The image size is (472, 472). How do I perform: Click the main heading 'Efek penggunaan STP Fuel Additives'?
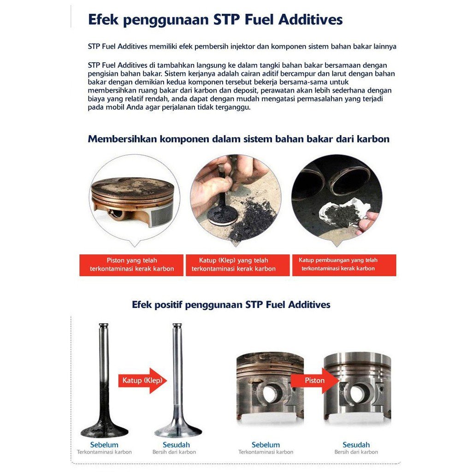point(215,19)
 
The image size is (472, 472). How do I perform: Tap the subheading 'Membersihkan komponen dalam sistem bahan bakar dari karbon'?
point(238,139)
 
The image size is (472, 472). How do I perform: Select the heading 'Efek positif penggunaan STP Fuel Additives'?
point(231,305)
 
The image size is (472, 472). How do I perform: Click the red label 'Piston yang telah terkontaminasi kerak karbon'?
point(131,265)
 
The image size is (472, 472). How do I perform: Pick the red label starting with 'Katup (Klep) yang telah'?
point(234,265)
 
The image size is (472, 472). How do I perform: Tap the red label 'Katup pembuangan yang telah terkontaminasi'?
point(344,265)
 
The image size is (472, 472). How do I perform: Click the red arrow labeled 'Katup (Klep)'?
point(142,380)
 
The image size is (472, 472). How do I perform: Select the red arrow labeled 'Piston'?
point(315,380)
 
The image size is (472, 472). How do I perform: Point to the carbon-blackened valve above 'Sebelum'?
point(104,391)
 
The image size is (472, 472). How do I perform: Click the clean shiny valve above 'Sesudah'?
point(177,391)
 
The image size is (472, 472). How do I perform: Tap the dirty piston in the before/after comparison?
point(270,388)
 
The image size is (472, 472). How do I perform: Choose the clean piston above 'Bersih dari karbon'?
point(357,388)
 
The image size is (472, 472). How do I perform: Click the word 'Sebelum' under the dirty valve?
point(104,445)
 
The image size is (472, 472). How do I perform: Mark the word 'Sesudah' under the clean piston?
point(356,445)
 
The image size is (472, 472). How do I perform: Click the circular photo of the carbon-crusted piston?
point(135,199)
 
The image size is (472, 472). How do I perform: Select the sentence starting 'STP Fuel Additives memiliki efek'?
point(242,47)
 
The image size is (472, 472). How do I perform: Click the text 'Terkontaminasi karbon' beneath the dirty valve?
point(104,452)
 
